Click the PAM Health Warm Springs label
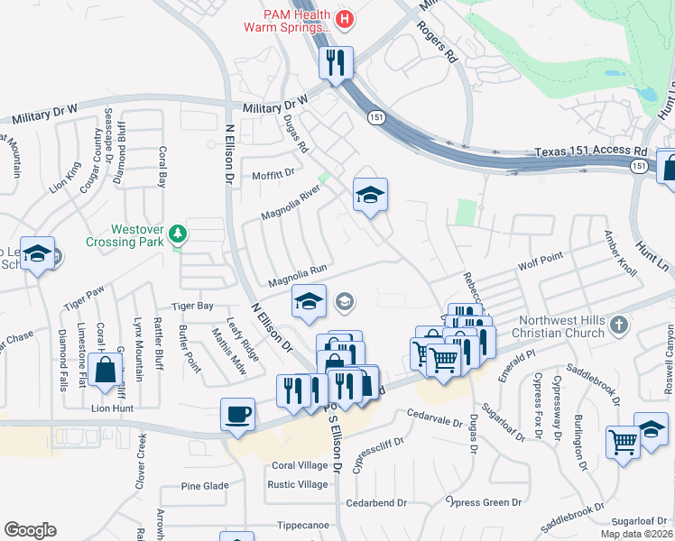coord(287,21)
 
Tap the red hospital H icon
coord(344,19)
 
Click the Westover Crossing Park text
coord(127,235)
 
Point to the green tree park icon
coord(179,234)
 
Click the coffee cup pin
coord(238,414)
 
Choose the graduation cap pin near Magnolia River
coord(369,195)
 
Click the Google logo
coord(30,530)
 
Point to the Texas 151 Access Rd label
coord(591,152)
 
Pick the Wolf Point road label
coord(541,262)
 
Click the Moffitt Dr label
coord(273,173)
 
